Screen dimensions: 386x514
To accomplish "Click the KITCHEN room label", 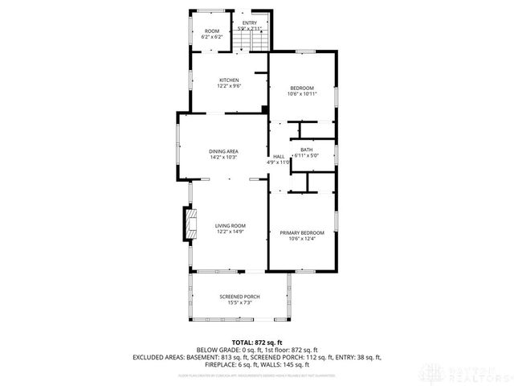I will [229, 80].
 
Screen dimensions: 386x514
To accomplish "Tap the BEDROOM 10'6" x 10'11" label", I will [302, 88].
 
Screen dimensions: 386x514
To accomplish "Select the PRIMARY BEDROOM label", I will [302, 232].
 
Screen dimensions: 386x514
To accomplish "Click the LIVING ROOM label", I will [230, 226].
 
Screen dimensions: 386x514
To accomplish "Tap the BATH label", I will [307, 150].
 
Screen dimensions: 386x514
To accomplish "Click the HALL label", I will [279, 156].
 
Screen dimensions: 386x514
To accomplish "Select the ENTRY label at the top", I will [251, 23].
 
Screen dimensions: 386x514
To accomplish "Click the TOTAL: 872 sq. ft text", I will [256, 343].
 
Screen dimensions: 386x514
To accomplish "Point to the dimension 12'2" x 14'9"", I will [230, 232].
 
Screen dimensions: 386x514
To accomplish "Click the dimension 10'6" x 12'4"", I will [302, 238].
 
